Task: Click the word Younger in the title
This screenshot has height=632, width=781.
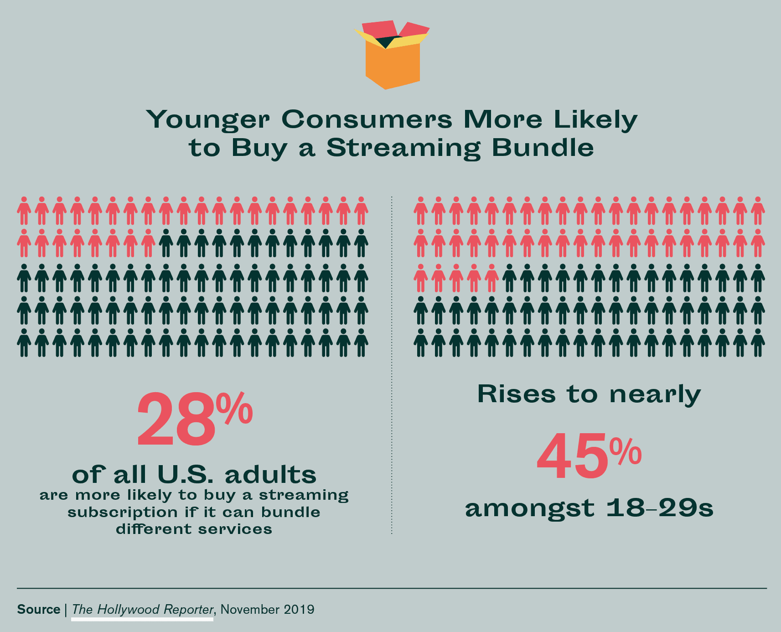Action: point(207,119)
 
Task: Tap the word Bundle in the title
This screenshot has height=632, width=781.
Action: point(543,148)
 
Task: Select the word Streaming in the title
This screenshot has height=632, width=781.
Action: point(403,149)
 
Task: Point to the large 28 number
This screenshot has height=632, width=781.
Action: point(176,420)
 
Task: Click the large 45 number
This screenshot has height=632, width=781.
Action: point(572,456)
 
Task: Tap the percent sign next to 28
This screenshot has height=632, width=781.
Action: point(234,409)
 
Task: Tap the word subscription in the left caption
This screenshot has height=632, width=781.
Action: point(123,513)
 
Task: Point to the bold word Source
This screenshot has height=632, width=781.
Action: point(39,610)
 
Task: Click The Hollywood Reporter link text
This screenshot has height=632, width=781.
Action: point(142,610)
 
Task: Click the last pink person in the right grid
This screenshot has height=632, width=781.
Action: point(491,278)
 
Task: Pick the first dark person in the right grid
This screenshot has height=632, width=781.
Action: point(509,278)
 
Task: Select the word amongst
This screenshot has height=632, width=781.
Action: point(529,509)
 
